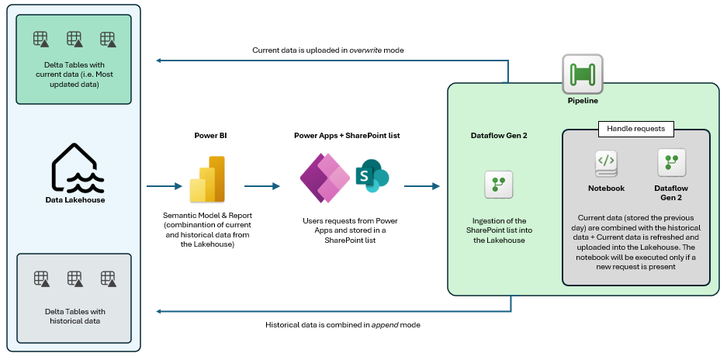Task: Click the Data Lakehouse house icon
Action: tap(75, 167)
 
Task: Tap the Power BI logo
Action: tap(206, 179)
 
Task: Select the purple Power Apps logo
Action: tap(324, 178)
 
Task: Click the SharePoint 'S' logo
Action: tap(372, 176)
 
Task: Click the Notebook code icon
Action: tap(606, 162)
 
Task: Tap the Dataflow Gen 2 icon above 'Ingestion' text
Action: tap(497, 184)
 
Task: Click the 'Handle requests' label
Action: tap(635, 129)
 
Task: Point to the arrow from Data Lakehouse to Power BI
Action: tap(164, 186)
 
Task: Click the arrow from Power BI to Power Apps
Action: tap(262, 186)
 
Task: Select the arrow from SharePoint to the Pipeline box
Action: tap(422, 186)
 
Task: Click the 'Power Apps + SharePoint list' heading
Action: tap(346, 136)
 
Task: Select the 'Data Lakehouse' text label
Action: tap(74, 200)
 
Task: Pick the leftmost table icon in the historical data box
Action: tap(41, 279)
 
